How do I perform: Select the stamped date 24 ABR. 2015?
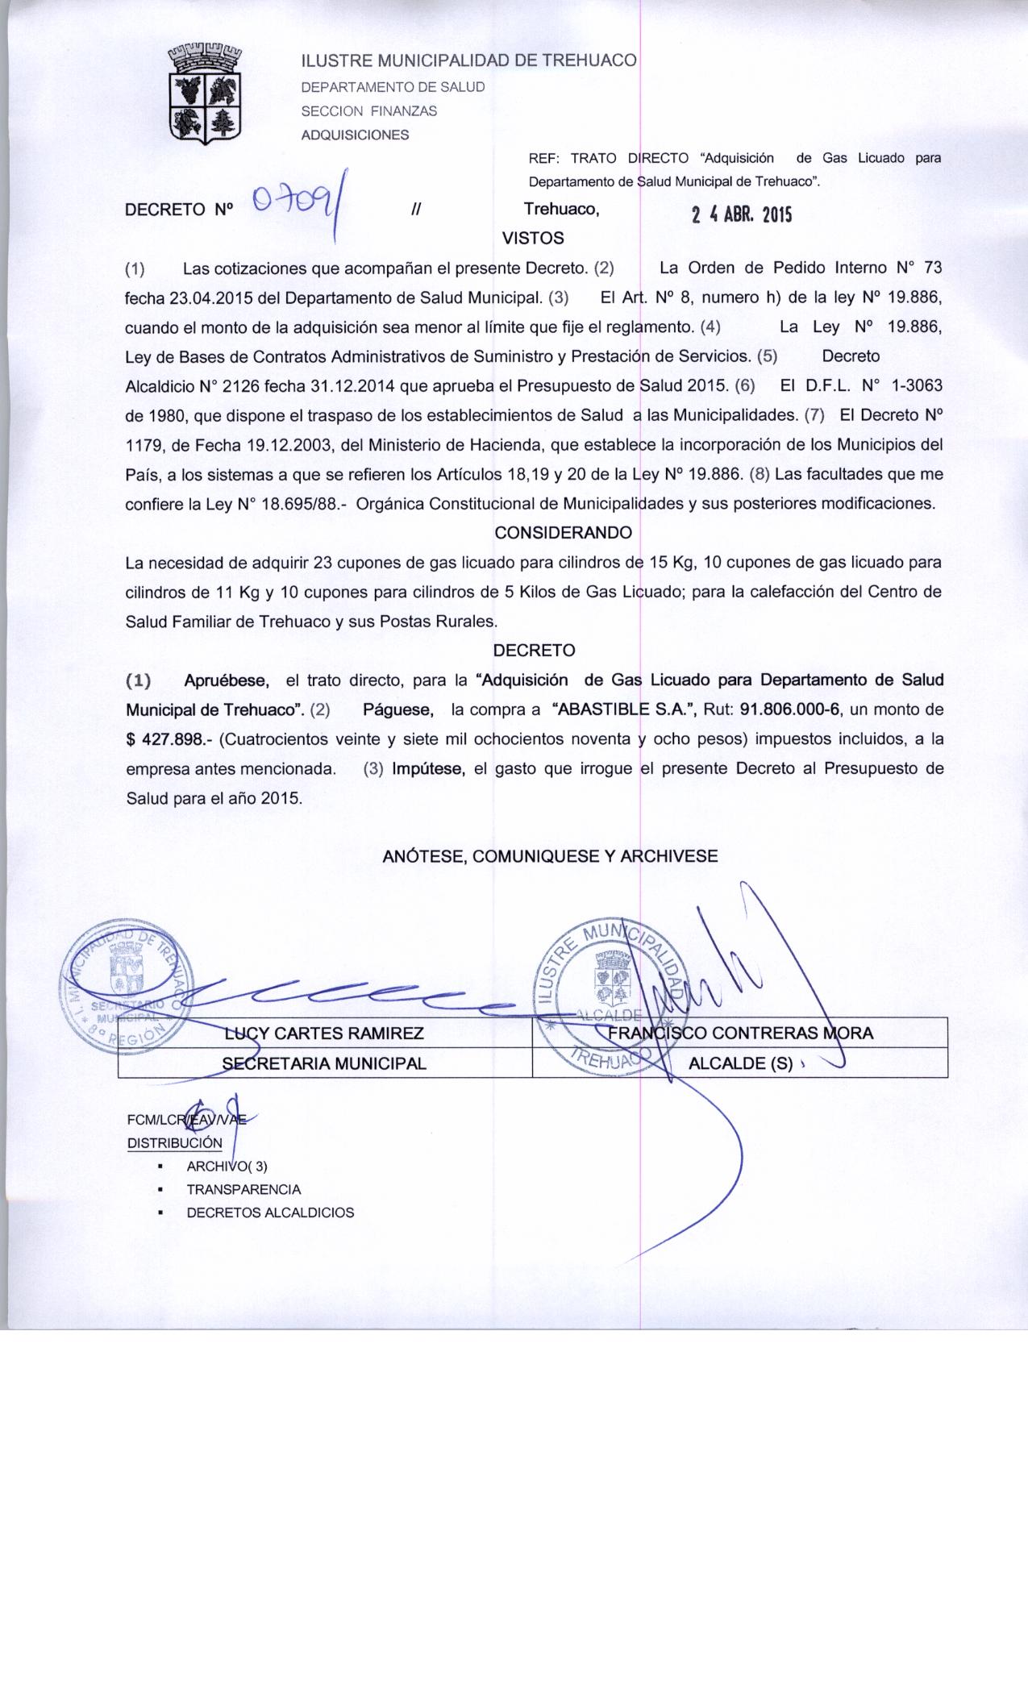click(x=742, y=214)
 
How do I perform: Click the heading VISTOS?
click(x=533, y=238)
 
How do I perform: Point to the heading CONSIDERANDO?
click(x=563, y=533)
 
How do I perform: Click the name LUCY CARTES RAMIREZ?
click(x=324, y=1034)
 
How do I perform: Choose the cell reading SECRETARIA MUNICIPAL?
click(x=324, y=1063)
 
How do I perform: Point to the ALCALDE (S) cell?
click(x=740, y=1063)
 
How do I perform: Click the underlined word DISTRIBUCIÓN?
click(x=175, y=1142)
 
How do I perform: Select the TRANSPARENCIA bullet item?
click(x=243, y=1189)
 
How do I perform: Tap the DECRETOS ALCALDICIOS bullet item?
click(x=270, y=1213)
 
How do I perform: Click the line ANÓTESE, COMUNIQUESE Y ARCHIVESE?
click(x=550, y=856)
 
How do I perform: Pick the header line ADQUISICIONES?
click(x=355, y=135)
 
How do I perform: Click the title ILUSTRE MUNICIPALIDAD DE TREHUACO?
click(x=468, y=61)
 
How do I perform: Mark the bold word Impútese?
click(x=428, y=768)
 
